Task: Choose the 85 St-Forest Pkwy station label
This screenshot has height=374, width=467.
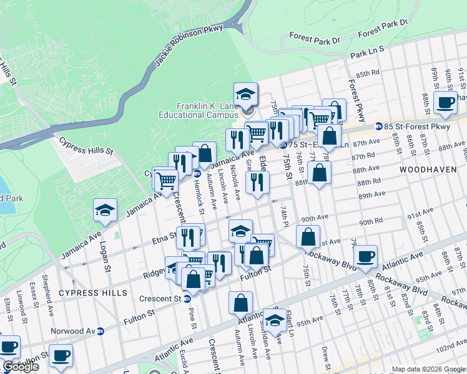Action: pos(416,127)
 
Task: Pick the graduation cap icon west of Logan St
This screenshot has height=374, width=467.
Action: pos(106,211)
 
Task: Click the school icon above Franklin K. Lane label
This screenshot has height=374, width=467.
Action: pos(245,95)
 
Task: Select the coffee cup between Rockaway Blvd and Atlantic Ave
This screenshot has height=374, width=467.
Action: pos(365,256)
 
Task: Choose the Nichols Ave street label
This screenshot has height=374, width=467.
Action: pos(236,185)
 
